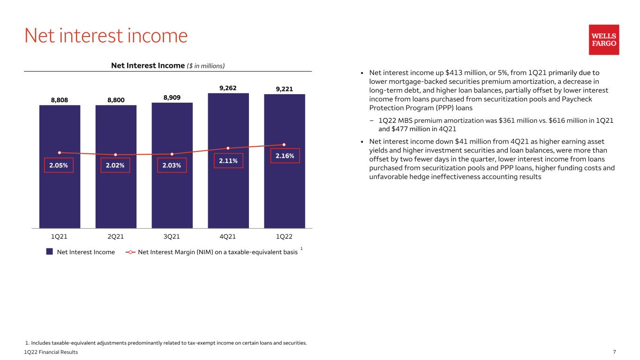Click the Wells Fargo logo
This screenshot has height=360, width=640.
[x=604, y=40]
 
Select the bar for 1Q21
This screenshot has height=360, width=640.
[x=60, y=166]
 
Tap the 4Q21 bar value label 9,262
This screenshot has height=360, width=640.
[x=228, y=88]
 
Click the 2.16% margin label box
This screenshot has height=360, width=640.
[x=285, y=156]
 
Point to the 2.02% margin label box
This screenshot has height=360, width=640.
[x=115, y=165]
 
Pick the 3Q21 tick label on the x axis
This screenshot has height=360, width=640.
[x=172, y=237]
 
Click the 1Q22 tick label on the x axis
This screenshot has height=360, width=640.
[x=284, y=237]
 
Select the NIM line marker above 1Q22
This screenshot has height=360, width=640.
[x=284, y=144]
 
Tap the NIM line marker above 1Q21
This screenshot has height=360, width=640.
[x=60, y=152]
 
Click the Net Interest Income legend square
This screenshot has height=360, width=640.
[x=49, y=251]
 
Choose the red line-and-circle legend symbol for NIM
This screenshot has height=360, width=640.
[x=130, y=252]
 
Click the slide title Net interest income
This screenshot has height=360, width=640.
[x=106, y=36]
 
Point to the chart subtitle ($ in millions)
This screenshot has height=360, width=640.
[x=206, y=66]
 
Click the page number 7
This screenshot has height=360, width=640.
[x=614, y=352]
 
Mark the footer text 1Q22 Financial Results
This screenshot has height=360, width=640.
[x=51, y=352]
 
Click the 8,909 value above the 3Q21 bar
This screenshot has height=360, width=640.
[x=172, y=97]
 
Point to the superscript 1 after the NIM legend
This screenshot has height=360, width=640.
[x=301, y=248]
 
